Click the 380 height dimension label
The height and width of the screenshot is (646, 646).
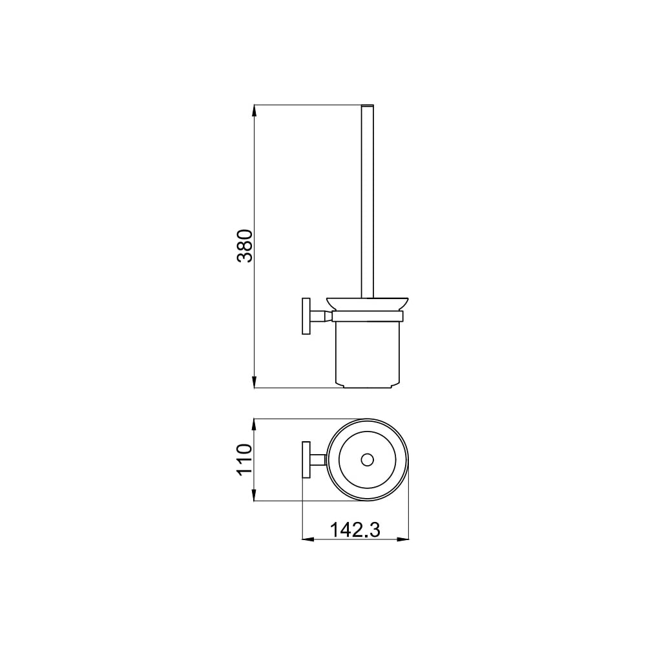[245, 246]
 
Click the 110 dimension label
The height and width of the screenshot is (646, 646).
[244, 460]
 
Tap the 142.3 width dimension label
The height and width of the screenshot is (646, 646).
[355, 530]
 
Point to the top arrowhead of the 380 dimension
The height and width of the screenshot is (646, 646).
[255, 111]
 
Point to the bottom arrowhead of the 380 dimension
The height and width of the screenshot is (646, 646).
[255, 382]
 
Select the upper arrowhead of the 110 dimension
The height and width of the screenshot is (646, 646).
[255, 425]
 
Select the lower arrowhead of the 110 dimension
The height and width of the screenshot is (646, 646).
[255, 495]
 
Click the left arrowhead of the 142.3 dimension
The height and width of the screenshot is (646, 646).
[308, 539]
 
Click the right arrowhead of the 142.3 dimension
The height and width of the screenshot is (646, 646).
[403, 539]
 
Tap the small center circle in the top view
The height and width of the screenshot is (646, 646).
[367, 460]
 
